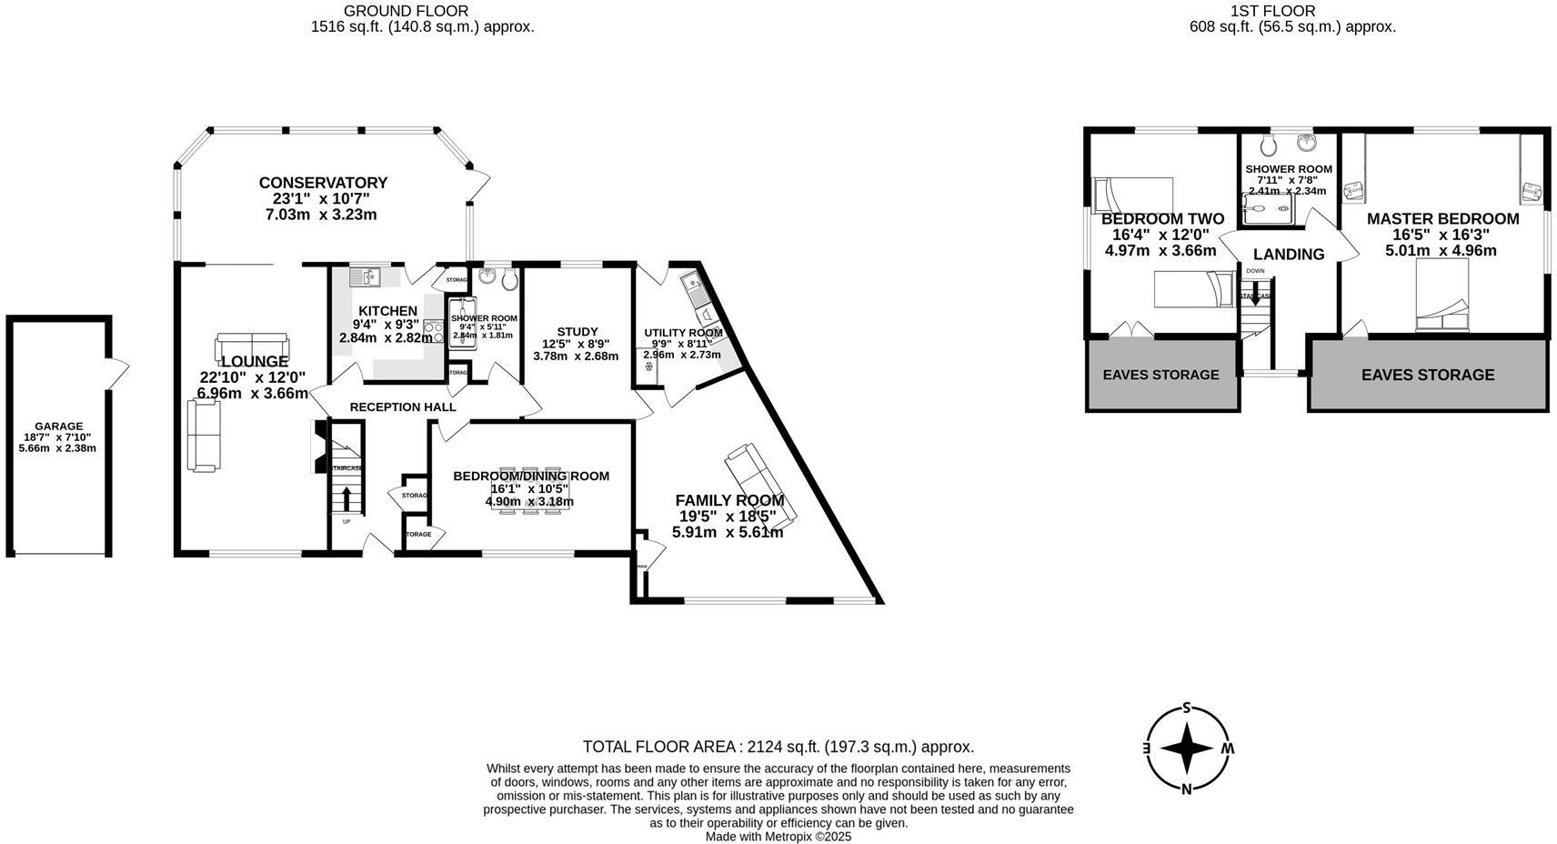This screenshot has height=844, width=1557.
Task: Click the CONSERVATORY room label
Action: [323, 183]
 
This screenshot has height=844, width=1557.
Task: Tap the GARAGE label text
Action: [59, 426]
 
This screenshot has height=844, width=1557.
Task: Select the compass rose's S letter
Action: [1186, 708]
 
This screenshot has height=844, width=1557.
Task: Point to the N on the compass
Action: [1186, 789]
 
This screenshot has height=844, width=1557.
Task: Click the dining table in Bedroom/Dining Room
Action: [529, 491]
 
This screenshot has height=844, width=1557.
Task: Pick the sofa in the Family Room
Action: [760, 484]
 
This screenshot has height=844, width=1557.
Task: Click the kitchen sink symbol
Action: [364, 274]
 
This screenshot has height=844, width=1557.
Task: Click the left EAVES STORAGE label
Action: [1160, 375]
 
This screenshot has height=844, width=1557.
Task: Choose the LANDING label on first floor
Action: [1289, 255]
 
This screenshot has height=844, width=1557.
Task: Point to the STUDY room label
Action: [577, 332]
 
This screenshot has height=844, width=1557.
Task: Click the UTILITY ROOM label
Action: [683, 333]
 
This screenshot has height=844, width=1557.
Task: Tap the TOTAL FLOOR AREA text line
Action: [778, 747]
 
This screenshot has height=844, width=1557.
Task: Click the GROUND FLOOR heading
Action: [406, 11]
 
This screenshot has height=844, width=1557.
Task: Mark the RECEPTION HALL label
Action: [403, 407]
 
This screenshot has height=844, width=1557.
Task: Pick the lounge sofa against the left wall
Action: [204, 437]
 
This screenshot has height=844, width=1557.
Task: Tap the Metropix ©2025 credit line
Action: [778, 837]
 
